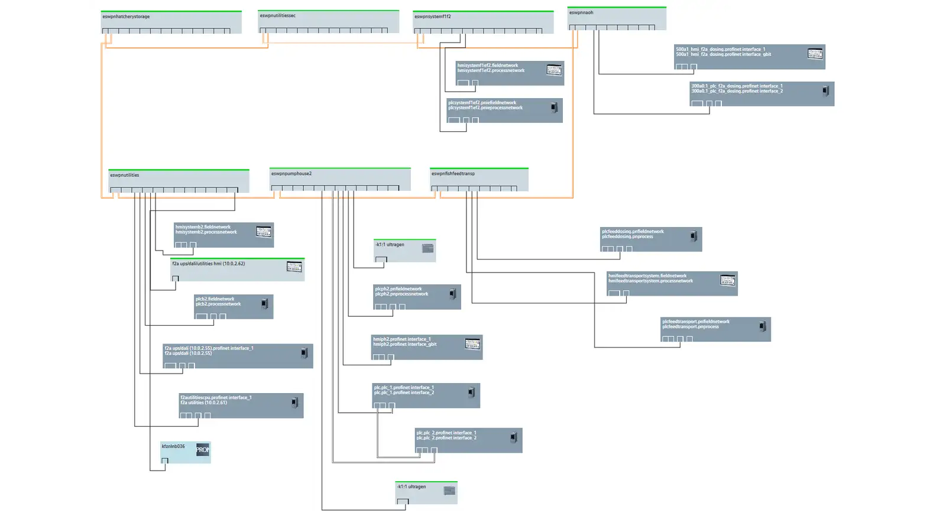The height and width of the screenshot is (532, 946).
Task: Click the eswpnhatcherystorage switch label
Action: (126, 17)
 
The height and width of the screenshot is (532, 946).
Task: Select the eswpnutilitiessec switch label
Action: (277, 15)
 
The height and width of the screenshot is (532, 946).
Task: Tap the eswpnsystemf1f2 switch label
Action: (432, 17)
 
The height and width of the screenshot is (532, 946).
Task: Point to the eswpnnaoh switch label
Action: (581, 12)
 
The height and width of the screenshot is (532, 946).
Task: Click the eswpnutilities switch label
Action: (124, 175)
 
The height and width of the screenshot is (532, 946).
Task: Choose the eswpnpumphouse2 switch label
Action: (291, 174)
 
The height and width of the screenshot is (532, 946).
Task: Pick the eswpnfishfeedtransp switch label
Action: (453, 174)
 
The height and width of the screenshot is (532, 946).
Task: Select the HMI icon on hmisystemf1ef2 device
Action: (554, 70)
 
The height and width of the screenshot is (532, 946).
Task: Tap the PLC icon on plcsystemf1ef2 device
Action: (554, 108)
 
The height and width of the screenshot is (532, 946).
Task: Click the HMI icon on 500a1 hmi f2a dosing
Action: (815, 53)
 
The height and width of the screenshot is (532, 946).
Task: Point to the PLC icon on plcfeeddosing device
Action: (694, 236)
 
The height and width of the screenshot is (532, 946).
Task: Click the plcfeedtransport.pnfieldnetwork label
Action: (695, 322)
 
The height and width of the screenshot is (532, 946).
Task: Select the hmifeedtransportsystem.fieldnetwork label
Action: (647, 275)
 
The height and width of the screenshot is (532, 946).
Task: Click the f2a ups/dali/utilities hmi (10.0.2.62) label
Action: (208, 264)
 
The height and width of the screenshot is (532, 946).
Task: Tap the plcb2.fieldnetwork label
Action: (215, 299)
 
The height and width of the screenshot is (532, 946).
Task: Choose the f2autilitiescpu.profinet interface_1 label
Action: (216, 397)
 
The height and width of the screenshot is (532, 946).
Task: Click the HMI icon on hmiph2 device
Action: (472, 343)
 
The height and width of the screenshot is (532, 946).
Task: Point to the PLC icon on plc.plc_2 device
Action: (514, 437)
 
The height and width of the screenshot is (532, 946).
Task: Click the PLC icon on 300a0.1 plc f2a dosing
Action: (825, 90)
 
